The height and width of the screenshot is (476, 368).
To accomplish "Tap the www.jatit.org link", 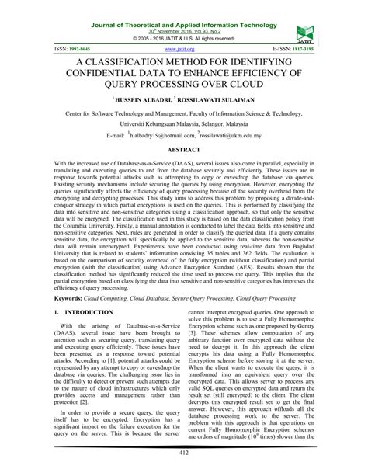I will click(x=183, y=48).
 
